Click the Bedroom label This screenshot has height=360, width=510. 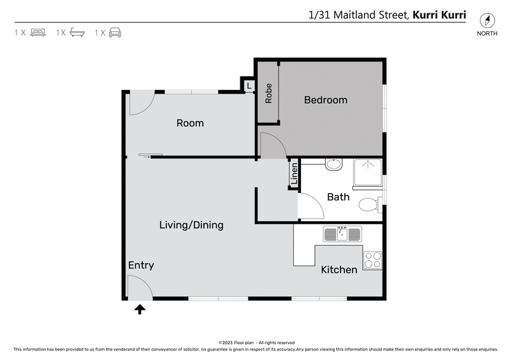pos(325,99)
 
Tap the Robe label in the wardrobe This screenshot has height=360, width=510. pos(269,93)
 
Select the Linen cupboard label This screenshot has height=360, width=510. pos(294,174)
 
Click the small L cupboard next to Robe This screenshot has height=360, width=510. pos(249,85)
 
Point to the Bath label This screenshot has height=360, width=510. pos(338,197)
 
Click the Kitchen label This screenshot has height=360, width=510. pos(339,270)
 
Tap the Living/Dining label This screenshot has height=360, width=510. pos(191,225)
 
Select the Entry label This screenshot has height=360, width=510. pos(141,265)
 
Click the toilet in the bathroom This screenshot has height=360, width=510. pos(369,205)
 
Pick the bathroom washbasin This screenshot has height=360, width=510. pos(333,164)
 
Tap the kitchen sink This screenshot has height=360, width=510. pos(342,234)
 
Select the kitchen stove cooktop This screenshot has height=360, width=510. pos(372,260)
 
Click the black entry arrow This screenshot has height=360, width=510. pos(140,310)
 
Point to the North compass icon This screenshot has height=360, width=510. pos(487,20)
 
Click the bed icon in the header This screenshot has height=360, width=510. pos(38,32)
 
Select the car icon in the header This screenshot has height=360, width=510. pos(115,32)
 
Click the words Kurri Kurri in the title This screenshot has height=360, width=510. pos(440,14)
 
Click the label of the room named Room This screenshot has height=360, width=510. pos(190,122)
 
